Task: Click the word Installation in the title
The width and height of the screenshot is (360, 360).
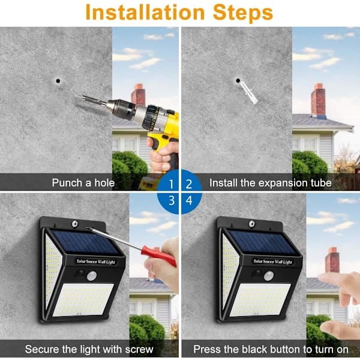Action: point(145,12)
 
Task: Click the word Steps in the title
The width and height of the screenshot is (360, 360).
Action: point(243,13)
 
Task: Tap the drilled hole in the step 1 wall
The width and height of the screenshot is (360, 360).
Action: point(58,81)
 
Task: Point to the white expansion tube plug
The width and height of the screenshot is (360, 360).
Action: point(248,93)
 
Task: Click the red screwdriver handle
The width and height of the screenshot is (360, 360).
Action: point(158,256)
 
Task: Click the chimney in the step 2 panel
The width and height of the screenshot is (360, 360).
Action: point(318,100)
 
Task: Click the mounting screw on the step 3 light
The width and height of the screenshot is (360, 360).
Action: point(74,224)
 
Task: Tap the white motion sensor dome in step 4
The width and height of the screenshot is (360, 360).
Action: point(269,276)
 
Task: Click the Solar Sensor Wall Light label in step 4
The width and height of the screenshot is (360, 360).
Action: point(272,262)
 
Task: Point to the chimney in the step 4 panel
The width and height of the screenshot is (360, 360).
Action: point(332,260)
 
